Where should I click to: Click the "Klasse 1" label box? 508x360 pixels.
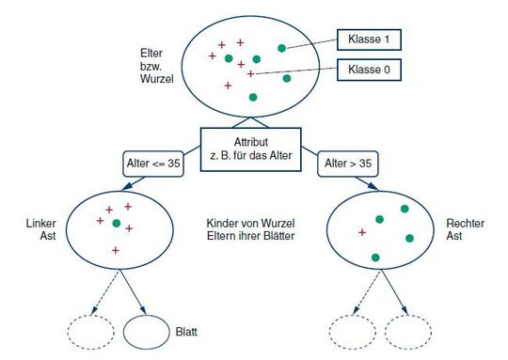click(x=369, y=39)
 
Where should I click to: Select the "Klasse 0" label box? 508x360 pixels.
click(x=369, y=70)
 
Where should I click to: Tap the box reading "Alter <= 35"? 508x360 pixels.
click(x=153, y=164)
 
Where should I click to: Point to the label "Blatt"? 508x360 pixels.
click(x=186, y=331)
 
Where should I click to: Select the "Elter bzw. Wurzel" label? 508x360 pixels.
click(x=151, y=69)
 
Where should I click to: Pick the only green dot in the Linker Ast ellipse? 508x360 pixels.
click(x=117, y=224)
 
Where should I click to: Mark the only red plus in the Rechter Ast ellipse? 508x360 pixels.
click(x=362, y=231)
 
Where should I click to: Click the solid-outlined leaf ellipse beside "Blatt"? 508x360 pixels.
click(x=146, y=331)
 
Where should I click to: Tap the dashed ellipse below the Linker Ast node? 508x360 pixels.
click(x=90, y=331)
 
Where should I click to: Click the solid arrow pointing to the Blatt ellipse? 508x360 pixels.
click(x=133, y=292)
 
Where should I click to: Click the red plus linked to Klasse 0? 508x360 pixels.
click(x=250, y=72)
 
